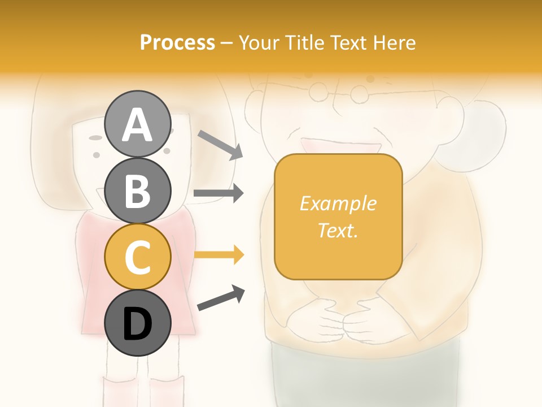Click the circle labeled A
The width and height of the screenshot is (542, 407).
click(137, 124)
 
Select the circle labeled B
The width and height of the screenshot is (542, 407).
click(137, 190)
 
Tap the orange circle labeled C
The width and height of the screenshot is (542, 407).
click(137, 257)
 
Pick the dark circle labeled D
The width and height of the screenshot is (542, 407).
click(137, 323)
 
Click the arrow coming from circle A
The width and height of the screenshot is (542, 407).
click(220, 145)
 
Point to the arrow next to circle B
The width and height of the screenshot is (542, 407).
click(218, 193)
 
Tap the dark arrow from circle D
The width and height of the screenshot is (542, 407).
click(221, 298)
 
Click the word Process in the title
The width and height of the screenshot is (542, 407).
click(177, 42)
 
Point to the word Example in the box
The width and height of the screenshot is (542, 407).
click(338, 203)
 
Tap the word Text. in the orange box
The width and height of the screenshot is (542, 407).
click(338, 230)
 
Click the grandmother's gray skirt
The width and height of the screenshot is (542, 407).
click(361, 379)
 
